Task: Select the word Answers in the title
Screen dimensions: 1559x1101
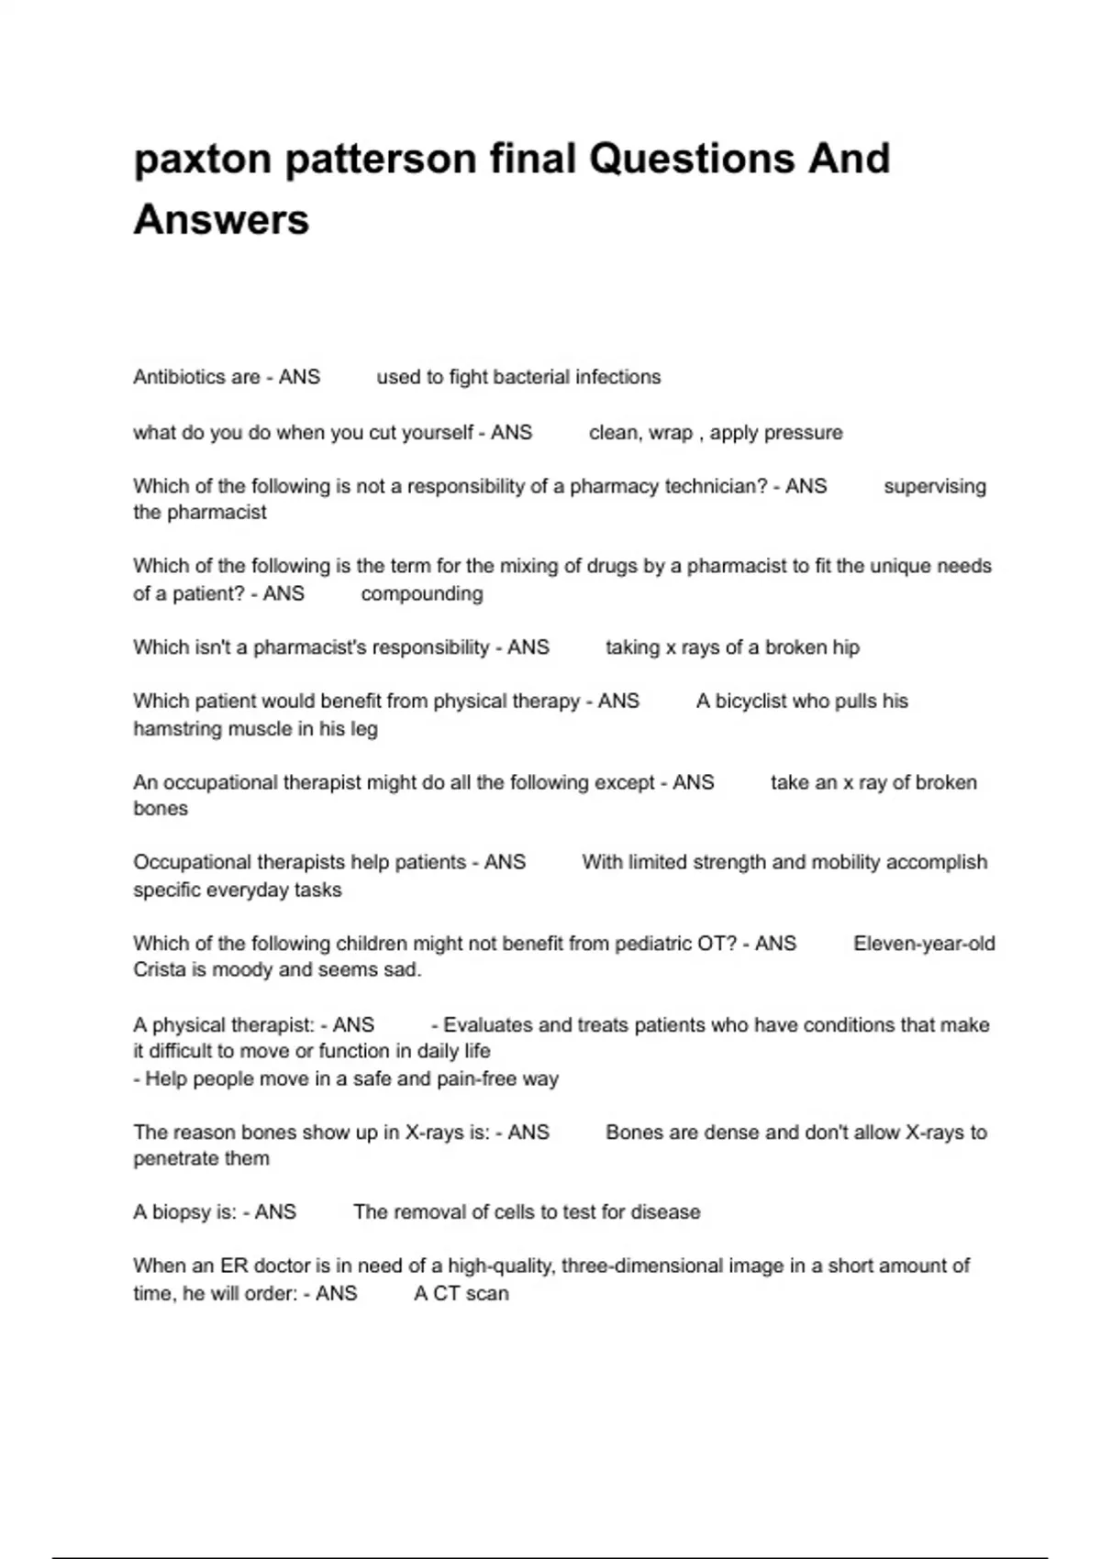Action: coord(221,220)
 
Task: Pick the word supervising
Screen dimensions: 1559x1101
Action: coord(935,486)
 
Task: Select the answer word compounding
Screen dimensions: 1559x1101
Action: coord(422,593)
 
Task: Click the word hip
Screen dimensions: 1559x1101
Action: coord(845,647)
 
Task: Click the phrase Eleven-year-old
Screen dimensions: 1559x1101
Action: coord(924,944)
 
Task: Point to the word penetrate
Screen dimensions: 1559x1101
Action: coord(169,1159)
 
